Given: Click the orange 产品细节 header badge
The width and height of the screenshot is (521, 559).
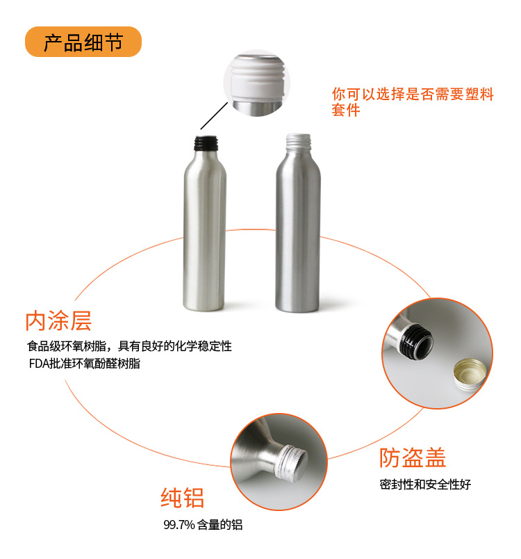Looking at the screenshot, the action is [83, 42].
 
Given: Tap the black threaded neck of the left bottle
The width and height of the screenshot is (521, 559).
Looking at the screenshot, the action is [206, 143].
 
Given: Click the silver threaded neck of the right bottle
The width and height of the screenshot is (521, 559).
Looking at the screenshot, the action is [299, 141].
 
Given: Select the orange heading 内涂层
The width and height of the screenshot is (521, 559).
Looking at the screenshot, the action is [58, 321].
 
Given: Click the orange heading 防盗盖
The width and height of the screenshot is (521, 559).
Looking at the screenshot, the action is [413, 457].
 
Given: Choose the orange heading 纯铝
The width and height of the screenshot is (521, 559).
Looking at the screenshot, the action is [182, 498].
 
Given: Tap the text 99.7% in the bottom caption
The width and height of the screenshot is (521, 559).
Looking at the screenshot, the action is [179, 525].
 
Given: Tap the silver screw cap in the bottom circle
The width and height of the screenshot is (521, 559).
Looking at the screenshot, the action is [290, 463].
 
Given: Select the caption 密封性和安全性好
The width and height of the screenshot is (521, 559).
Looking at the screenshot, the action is [425, 485].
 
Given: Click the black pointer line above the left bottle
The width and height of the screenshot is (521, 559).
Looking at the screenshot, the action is [214, 116].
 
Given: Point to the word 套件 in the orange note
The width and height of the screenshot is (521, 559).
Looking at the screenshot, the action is [346, 110].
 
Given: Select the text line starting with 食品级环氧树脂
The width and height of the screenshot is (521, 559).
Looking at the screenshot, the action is [130, 346].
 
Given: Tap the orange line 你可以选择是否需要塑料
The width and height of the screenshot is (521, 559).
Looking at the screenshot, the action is [413, 94].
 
